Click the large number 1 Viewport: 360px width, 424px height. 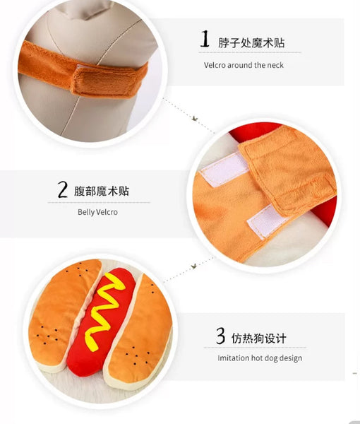pos(205,39)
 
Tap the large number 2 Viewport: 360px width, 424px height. pos(62,189)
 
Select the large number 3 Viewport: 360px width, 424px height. pos(220,336)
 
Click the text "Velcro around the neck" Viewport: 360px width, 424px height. pos(244,65)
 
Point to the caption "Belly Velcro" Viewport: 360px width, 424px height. pos(97,212)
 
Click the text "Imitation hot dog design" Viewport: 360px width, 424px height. pos(260,358)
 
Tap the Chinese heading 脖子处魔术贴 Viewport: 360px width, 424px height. pos(251,42)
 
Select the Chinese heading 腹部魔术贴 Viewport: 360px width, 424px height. pos(102,191)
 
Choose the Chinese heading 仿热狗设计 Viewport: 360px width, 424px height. pos(258,338)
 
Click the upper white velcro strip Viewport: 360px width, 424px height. pos(224,169)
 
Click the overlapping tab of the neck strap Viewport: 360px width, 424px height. pos(108,81)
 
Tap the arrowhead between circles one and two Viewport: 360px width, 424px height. pos(195,119)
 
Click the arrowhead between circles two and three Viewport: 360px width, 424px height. pos(194,266)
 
